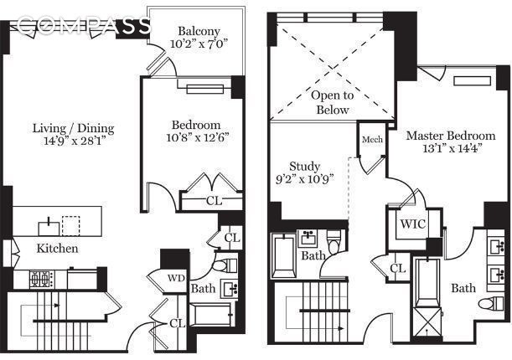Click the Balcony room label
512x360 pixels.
[199, 31]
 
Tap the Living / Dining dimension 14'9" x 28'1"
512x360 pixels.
[74, 141]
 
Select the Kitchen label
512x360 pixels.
[58, 249]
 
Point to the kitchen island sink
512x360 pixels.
[49, 227]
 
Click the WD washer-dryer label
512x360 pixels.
[176, 278]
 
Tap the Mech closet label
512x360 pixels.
[372, 140]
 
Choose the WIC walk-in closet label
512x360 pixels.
[413, 224]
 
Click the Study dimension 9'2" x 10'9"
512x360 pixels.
[305, 179]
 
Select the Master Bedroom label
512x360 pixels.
[451, 136]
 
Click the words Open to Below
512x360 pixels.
[333, 102]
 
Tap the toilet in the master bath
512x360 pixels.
[491, 303]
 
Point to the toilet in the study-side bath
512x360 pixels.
[334, 241]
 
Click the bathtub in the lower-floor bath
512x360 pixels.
[211, 315]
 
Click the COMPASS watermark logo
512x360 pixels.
[84, 25]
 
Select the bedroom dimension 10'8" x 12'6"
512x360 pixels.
[197, 137]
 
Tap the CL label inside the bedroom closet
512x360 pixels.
[214, 201]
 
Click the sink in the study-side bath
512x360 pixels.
[308, 239]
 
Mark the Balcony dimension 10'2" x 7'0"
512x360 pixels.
[199, 44]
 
